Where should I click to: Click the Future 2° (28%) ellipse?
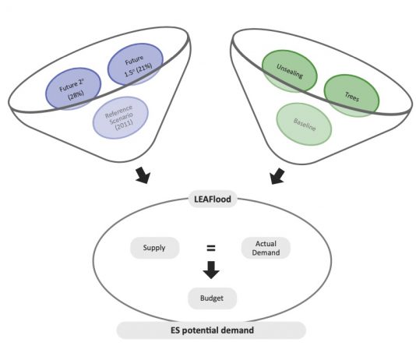(73, 89)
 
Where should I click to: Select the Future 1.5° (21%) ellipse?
(136, 64)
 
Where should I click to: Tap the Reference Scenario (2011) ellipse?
(121, 118)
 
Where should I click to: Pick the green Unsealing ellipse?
(290, 71)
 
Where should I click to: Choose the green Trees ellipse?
(351, 96)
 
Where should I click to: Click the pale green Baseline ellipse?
(304, 124)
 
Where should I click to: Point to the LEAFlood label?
(213, 199)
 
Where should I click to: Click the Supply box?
(155, 248)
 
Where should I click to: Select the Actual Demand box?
(266, 248)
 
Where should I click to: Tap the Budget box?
(212, 298)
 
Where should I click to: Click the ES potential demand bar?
(211, 330)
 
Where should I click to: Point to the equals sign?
(211, 248)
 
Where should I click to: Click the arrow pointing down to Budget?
(211, 270)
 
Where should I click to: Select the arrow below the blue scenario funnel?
(143, 175)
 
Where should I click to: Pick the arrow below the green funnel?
(277, 176)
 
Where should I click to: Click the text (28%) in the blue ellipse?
(76, 95)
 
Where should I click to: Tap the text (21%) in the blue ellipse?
(144, 67)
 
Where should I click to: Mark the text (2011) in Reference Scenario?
(124, 124)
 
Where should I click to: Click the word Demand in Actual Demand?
(266, 252)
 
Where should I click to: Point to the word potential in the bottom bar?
(200, 330)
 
